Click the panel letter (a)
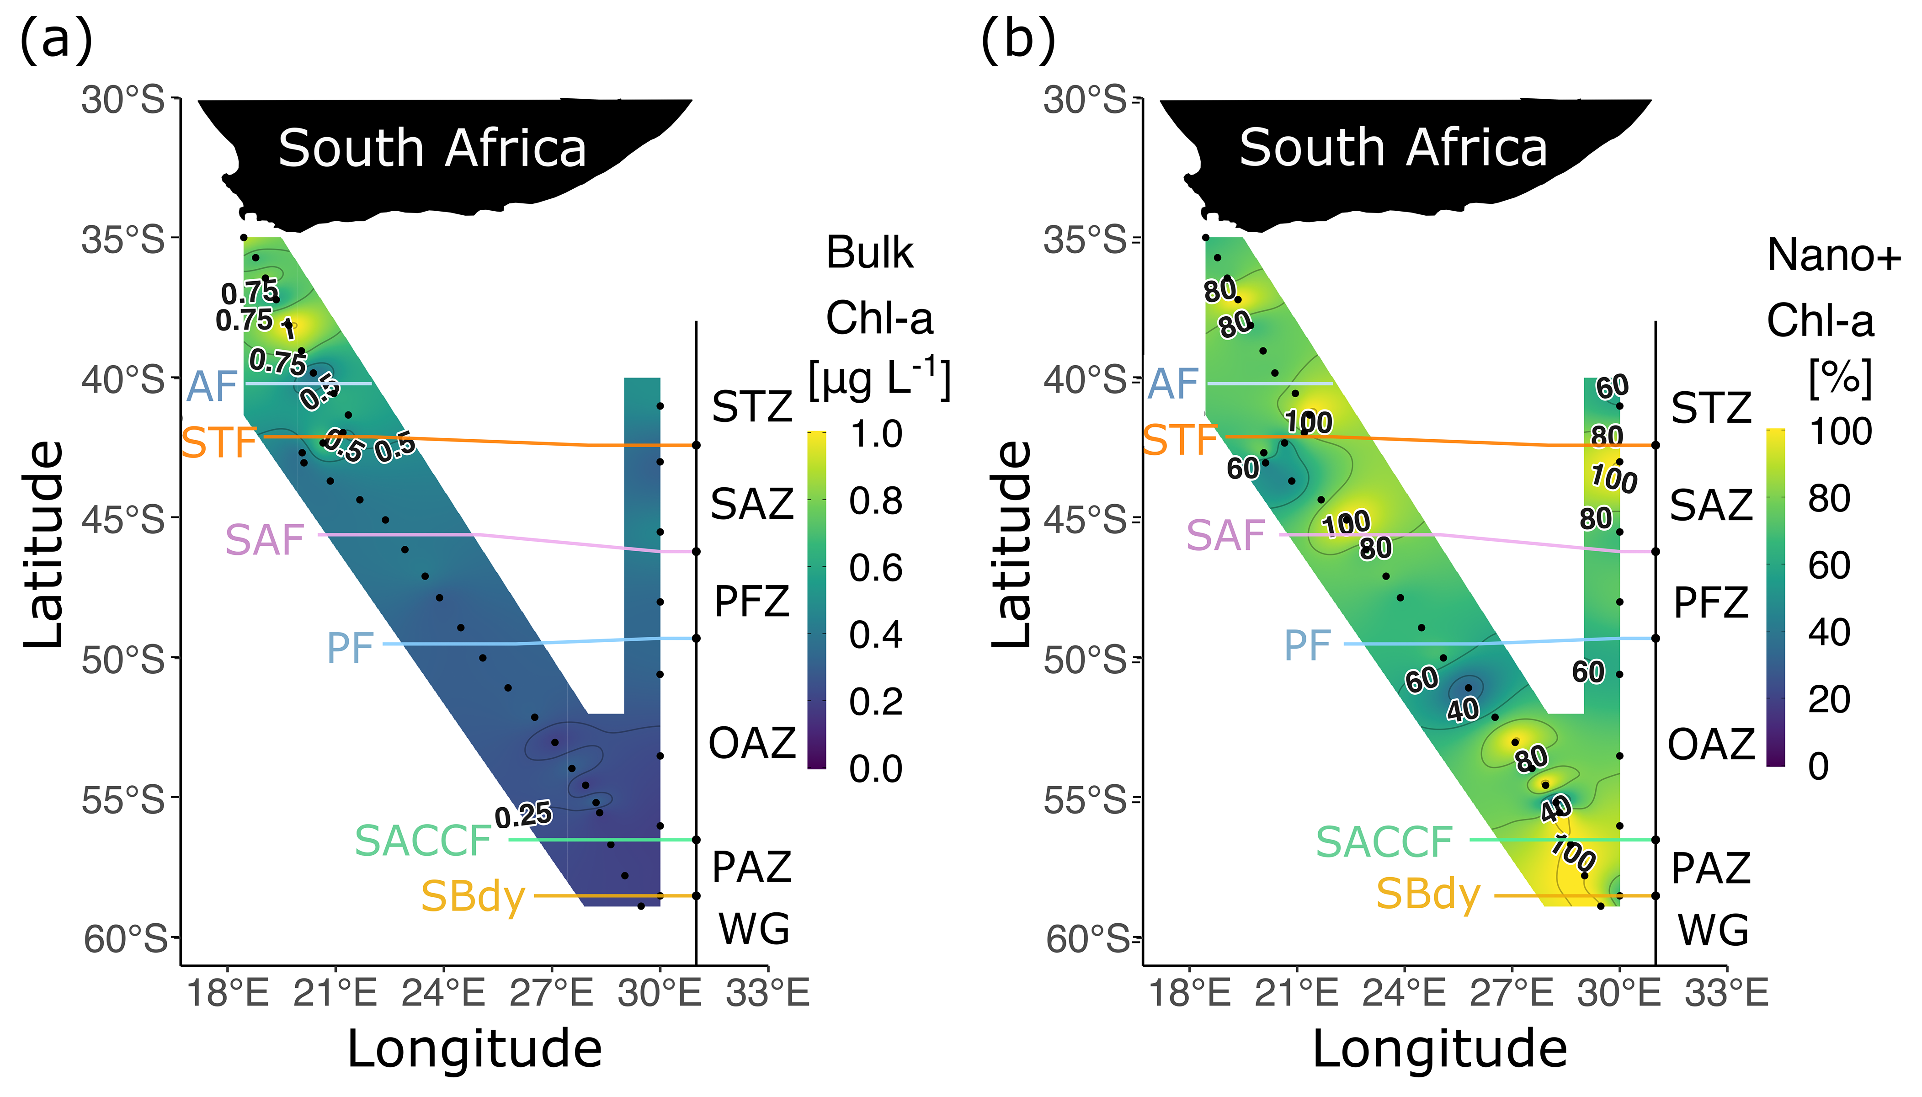[x=56, y=40]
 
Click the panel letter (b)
[x=1018, y=40]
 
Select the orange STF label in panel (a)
[x=219, y=442]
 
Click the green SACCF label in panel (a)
[x=423, y=841]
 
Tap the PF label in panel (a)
[x=350, y=647]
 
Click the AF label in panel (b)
[x=1173, y=384]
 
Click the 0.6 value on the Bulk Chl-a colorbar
[x=875, y=567]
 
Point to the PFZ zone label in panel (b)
[x=1711, y=603]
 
